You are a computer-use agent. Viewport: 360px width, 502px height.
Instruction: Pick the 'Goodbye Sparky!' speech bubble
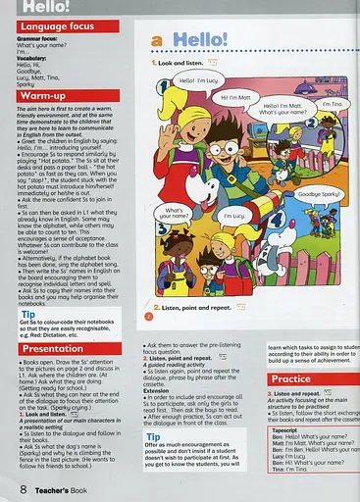321,194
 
